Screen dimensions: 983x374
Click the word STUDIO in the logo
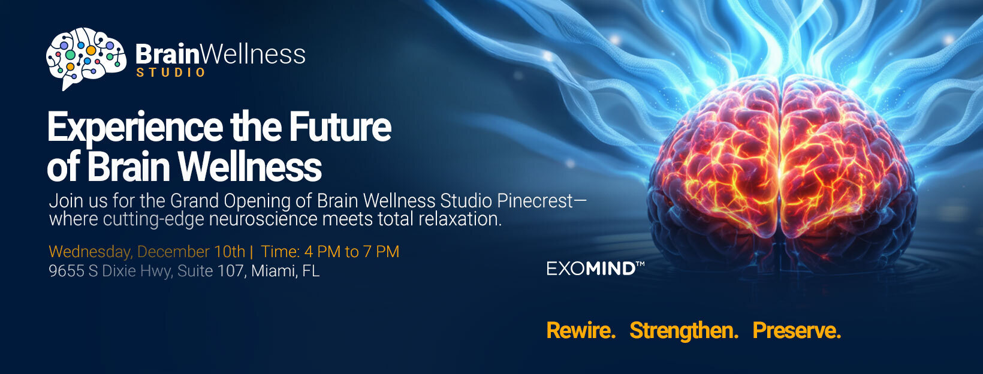tap(171, 73)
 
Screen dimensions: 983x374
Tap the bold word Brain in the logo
tap(167, 55)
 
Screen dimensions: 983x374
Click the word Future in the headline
tap(340, 127)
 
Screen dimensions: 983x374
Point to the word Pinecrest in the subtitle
tap(535, 201)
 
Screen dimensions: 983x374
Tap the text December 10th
tap(191, 252)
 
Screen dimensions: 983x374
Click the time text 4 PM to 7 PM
tap(351, 252)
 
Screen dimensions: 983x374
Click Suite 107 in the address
tap(210, 271)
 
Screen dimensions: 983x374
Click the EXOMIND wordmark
tap(596, 268)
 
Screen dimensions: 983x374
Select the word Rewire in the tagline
tap(581, 330)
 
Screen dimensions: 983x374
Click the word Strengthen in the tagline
tap(684, 330)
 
